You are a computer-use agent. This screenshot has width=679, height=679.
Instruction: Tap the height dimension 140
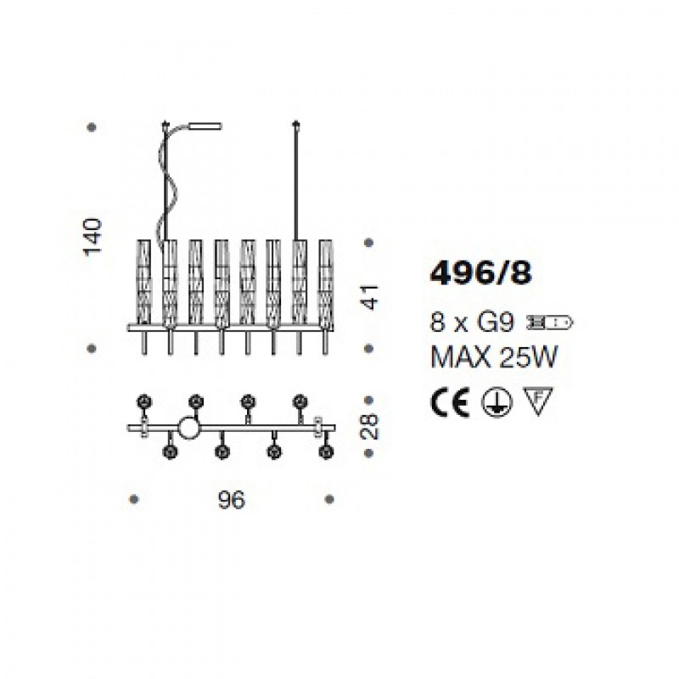93,238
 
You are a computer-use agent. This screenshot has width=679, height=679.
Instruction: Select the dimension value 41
369,298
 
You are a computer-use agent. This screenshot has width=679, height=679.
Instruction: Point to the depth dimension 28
369,427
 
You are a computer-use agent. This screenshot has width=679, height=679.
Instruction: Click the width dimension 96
232,500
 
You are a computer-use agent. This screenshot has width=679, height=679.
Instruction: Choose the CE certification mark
450,401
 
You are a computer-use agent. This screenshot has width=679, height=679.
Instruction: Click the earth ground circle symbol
497,401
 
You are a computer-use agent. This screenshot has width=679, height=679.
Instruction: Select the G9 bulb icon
548,323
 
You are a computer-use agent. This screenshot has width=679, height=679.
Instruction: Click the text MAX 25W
494,357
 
